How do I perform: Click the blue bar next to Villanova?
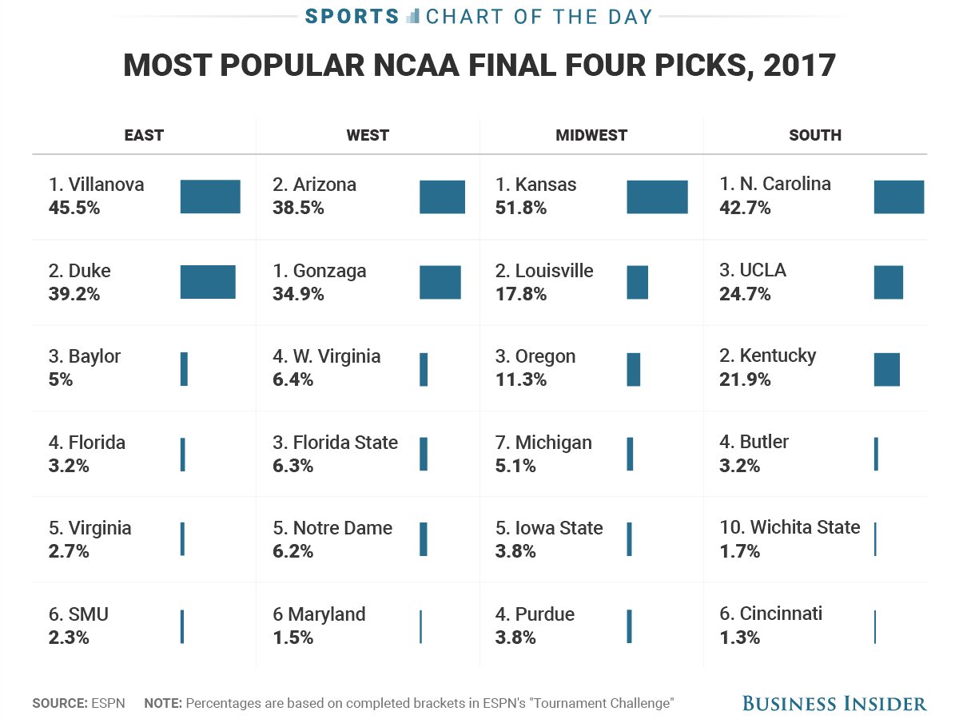click(x=210, y=197)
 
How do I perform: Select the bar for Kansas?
click(x=657, y=197)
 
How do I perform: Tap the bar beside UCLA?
click(x=888, y=283)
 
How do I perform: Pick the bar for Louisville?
click(x=638, y=283)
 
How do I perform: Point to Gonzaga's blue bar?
click(x=440, y=283)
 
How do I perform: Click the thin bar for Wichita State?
click(x=875, y=539)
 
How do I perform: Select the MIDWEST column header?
click(x=591, y=135)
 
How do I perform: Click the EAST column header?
click(x=144, y=135)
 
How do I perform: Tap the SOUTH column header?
click(x=815, y=135)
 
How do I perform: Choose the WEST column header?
click(x=368, y=135)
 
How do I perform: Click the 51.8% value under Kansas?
click(x=520, y=208)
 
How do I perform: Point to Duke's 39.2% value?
click(x=74, y=294)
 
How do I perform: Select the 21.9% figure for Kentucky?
click(x=745, y=379)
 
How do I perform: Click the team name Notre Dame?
click(x=343, y=528)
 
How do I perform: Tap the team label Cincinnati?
click(x=781, y=614)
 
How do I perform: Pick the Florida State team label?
click(x=345, y=443)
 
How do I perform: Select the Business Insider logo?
click(x=834, y=704)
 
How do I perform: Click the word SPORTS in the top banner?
click(x=352, y=17)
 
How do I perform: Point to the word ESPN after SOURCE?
click(x=107, y=704)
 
